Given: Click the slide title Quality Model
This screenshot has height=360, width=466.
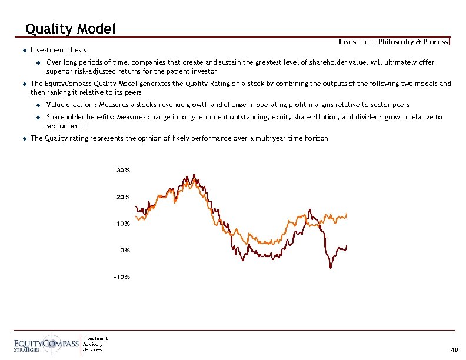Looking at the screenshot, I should pos(71,28).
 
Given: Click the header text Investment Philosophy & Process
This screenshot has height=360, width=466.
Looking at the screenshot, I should pos(393,41).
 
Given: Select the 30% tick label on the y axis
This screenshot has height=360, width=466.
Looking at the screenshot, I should pos(123,171).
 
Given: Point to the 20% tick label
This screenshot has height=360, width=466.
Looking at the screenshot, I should pos(123,197).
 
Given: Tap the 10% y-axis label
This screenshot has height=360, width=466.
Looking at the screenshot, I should pos(123,224).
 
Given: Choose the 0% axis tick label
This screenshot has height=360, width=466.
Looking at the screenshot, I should pos(125,250).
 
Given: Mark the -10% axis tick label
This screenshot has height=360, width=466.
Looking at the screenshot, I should pos(122,276).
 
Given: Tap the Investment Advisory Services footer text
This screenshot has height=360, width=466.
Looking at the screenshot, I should pos(95,344).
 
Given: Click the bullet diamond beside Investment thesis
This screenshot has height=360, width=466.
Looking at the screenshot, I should pos(18,50).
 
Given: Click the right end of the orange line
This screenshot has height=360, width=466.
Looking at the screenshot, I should pos(347,214).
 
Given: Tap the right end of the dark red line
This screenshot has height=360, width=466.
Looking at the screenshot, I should pos(347,245).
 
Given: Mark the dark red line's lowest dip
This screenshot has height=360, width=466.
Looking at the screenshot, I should pos(331,268).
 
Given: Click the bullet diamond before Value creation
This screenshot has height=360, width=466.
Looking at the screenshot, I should pos(36,105).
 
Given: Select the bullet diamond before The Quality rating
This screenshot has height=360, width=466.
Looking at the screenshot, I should pos(18,138).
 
